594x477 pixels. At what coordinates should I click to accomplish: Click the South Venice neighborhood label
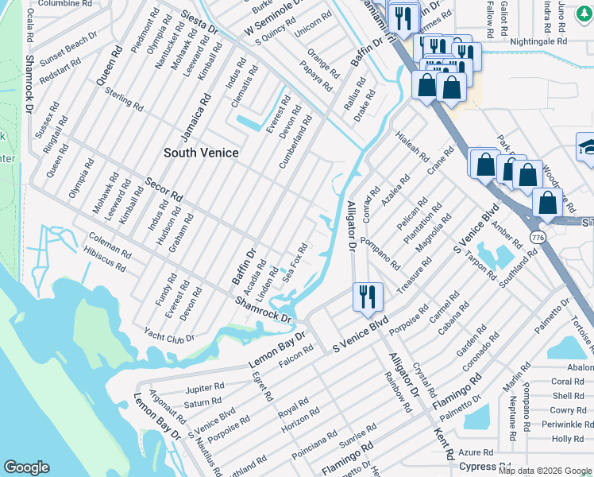[x=201, y=152]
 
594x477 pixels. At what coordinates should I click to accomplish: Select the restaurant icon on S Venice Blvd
[x=367, y=297]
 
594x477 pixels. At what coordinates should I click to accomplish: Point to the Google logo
[x=27, y=467]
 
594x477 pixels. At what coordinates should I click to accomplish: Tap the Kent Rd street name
[x=443, y=444]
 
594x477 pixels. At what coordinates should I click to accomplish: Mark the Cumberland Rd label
[x=295, y=142]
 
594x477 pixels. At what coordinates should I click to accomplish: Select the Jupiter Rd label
[x=205, y=389]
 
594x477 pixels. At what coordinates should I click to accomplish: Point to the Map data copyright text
[x=545, y=471]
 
